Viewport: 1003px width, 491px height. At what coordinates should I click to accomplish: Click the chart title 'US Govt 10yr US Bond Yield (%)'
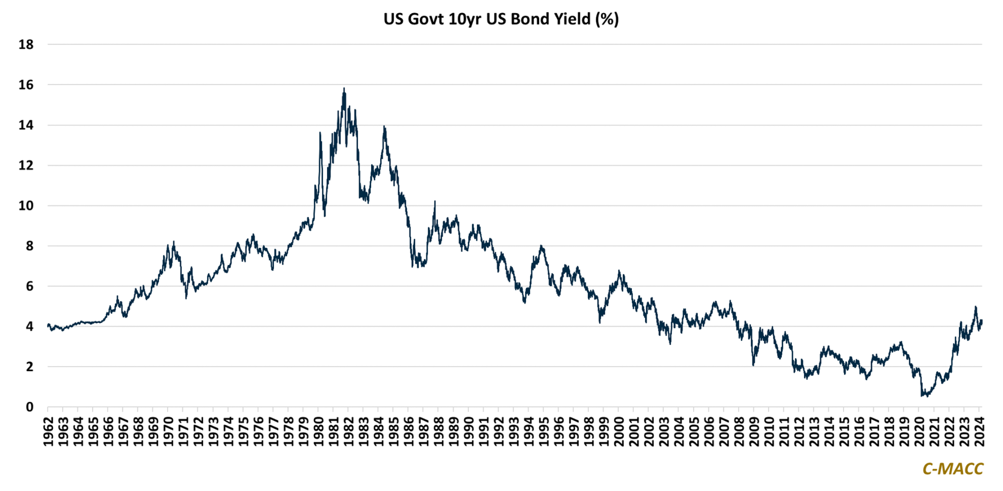coord(501,19)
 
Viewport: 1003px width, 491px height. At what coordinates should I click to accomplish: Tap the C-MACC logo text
coord(952,468)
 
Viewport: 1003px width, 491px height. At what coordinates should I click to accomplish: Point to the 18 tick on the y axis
coord(26,45)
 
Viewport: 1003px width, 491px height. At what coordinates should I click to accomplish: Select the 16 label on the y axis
coord(26,85)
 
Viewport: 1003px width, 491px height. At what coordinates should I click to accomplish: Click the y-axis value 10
coord(26,206)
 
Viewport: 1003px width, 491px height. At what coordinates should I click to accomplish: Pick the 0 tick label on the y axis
coord(30,407)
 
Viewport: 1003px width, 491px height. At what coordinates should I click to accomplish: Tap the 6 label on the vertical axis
coord(30,286)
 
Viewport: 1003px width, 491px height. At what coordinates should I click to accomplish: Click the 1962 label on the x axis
coord(49,431)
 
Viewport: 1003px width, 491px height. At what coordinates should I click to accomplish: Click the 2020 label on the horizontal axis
coord(919,431)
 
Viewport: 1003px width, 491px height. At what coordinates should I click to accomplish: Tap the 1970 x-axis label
coord(169,431)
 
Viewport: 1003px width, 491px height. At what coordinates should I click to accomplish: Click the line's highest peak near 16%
coord(344,89)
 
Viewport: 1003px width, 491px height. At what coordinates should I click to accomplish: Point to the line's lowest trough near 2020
coord(922,396)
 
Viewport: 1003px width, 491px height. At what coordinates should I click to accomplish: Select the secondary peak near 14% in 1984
coord(384,126)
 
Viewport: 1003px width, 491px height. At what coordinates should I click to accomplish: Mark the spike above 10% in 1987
coord(435,202)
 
